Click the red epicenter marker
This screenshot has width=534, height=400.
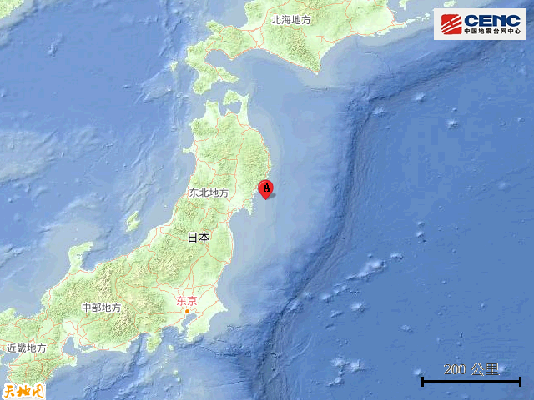[266, 189]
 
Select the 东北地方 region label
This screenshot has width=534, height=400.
[209, 192]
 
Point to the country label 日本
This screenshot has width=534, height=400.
[199, 237]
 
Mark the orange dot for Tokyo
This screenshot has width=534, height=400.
[188, 312]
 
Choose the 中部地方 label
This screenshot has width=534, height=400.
[101, 307]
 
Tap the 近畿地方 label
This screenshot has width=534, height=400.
[26, 347]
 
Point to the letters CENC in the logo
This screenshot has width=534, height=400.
[491, 19]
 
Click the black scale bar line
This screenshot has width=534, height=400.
[471, 382]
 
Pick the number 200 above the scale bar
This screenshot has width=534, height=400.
[455, 369]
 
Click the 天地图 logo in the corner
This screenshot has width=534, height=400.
[22, 389]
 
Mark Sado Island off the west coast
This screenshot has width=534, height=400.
[132, 221]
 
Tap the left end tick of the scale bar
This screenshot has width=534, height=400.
[423, 382]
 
